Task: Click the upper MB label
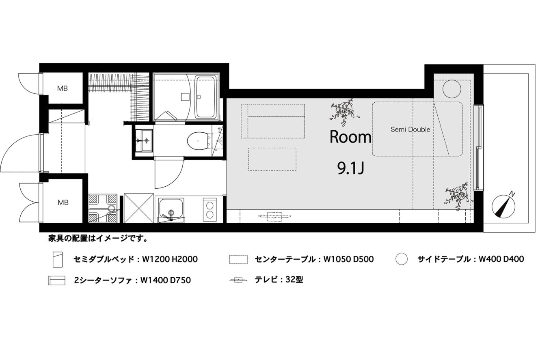click(x=63, y=88)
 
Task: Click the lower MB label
click(x=63, y=203)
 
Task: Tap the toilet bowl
click(x=198, y=140)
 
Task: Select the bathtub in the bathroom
click(x=205, y=97)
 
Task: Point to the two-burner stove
click(x=210, y=210)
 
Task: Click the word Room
click(x=350, y=137)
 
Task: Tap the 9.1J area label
click(x=351, y=168)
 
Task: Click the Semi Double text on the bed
click(x=410, y=129)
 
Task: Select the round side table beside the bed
click(x=452, y=89)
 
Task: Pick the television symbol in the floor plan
click(x=274, y=216)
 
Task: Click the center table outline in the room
click(x=272, y=159)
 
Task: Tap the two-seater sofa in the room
click(x=273, y=121)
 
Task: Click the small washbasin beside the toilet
click(x=144, y=141)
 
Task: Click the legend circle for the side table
click(x=402, y=259)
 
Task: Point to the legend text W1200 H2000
click(x=170, y=259)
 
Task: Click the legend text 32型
click(x=294, y=280)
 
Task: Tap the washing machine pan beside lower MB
click(x=103, y=208)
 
